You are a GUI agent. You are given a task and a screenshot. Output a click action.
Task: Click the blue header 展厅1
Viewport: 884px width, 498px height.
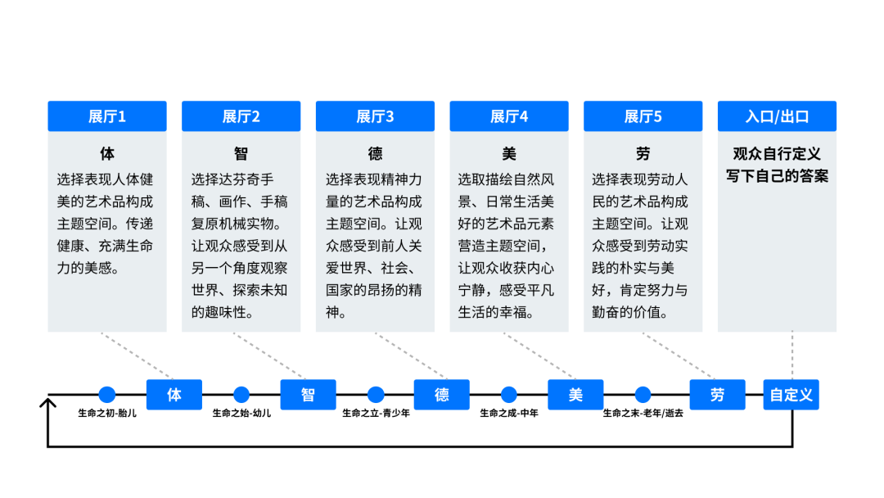click(x=107, y=116)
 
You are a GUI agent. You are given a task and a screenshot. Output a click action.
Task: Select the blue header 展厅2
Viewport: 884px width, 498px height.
click(x=241, y=116)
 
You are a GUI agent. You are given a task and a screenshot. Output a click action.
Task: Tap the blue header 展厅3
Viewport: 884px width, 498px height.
click(x=375, y=116)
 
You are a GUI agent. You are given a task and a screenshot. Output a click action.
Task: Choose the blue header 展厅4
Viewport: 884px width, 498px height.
click(x=509, y=116)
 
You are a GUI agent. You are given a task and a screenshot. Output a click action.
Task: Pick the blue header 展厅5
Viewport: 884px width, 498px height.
click(x=643, y=116)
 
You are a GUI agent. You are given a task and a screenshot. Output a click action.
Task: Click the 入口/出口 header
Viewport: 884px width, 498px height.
click(x=777, y=116)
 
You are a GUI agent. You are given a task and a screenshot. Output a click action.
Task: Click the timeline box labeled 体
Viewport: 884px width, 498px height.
click(x=174, y=395)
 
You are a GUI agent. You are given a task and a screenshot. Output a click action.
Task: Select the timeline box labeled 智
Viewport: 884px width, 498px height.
click(x=308, y=395)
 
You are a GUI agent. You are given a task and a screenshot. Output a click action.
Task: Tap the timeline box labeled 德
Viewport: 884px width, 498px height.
click(x=442, y=395)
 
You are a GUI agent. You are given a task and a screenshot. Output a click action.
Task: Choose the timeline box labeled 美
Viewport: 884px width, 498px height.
click(x=575, y=395)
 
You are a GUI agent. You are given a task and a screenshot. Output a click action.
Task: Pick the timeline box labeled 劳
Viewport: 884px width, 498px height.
click(x=717, y=395)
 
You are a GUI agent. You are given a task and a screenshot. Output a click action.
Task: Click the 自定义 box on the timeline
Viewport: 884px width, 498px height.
click(x=792, y=395)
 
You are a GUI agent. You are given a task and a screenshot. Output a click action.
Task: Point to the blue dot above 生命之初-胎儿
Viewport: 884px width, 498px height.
click(x=107, y=395)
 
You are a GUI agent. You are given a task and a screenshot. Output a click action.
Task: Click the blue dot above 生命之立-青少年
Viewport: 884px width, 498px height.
click(x=376, y=395)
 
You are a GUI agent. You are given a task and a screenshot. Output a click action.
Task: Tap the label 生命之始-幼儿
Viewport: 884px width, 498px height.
click(x=241, y=414)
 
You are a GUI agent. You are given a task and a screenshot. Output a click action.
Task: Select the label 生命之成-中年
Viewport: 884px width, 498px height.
click(x=509, y=414)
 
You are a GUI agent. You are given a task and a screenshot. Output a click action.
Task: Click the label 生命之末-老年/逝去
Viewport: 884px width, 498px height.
click(x=643, y=414)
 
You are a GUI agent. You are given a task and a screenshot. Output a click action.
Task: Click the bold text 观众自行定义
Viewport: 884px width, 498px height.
click(x=777, y=154)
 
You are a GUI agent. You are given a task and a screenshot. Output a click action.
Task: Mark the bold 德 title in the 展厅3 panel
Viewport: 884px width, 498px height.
click(x=375, y=154)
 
